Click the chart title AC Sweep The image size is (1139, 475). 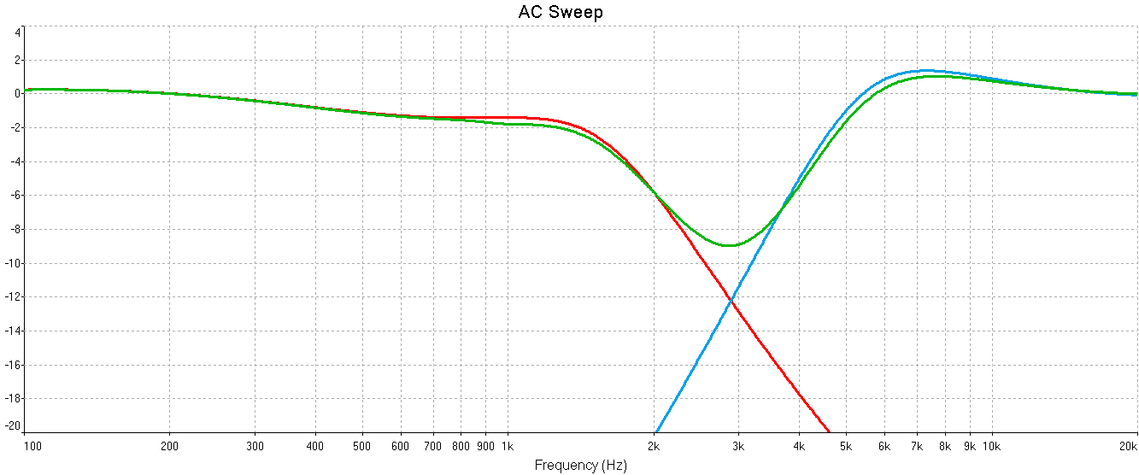[561, 12]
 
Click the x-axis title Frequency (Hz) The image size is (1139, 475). [580, 466]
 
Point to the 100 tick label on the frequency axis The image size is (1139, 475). [32, 446]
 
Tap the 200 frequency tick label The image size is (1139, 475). [169, 446]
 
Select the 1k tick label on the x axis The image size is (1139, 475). [507, 446]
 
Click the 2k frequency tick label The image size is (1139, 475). [654, 446]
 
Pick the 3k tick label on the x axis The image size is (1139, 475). [739, 446]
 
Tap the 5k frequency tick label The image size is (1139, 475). [846, 446]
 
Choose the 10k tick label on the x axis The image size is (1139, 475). [991, 446]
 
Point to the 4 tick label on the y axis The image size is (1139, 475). [17, 32]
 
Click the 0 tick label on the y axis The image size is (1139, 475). [17, 94]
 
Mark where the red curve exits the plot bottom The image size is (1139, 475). [829, 431]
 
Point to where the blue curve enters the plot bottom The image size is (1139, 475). [655, 431]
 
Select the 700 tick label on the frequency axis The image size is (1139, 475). [432, 446]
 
